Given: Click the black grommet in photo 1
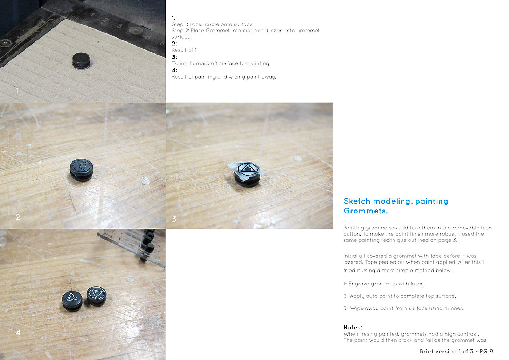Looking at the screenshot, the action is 81,61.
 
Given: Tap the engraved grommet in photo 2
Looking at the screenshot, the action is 81,170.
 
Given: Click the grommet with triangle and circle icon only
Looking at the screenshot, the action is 72,301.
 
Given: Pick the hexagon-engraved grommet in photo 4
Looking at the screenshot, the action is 96,296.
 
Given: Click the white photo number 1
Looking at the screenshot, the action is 17,90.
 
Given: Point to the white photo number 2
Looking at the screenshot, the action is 18,217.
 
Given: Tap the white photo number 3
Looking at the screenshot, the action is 174,219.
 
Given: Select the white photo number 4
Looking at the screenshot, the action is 18,332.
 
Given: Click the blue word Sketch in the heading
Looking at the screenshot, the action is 357,201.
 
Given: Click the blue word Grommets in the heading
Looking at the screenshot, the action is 366,211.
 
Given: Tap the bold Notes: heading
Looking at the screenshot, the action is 353,328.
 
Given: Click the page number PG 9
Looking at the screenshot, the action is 486,351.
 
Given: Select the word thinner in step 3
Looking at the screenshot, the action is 454,308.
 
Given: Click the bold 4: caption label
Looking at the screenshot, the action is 174,70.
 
